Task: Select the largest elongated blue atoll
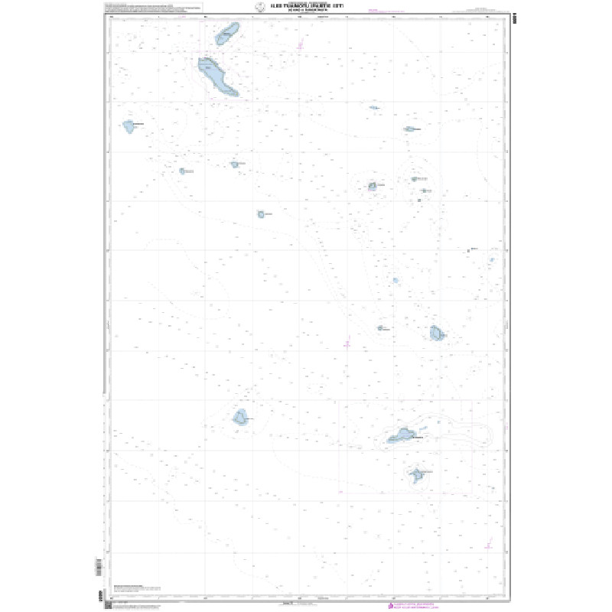point(216,76)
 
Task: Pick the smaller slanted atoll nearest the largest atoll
point(227,34)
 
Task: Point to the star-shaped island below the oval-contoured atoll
point(417,475)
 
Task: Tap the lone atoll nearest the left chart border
point(129,125)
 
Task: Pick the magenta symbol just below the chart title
point(301,46)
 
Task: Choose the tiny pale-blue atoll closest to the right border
point(492,260)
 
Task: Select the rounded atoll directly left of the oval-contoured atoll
point(241,417)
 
